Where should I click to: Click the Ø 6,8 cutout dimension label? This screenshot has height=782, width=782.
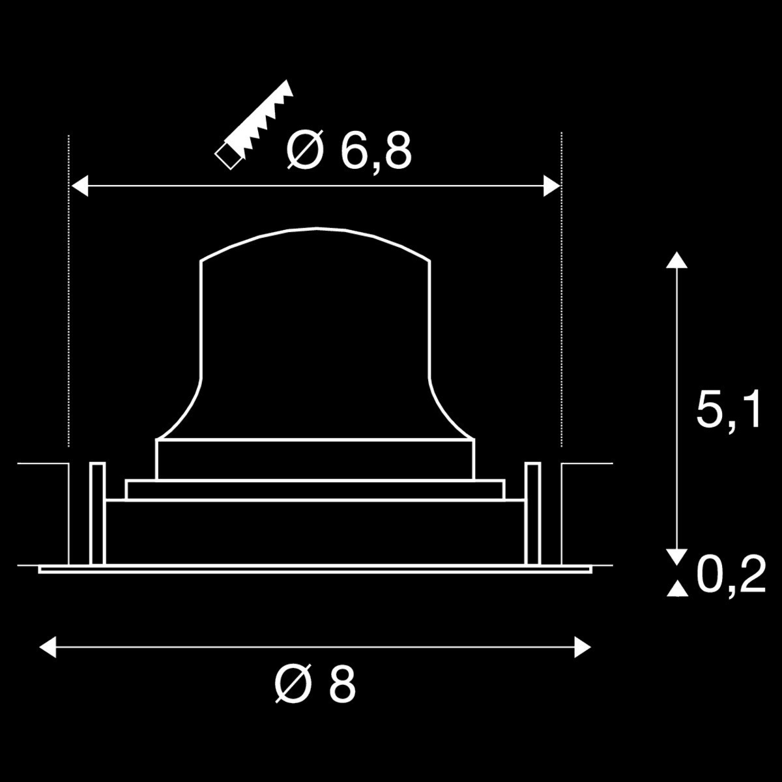pyautogui.click(x=349, y=151)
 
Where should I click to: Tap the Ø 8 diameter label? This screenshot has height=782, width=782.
pyautogui.click(x=315, y=684)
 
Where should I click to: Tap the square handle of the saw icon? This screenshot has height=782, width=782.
pyautogui.click(x=228, y=156)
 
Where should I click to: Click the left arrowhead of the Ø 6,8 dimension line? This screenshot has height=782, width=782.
pyautogui.click(x=80, y=186)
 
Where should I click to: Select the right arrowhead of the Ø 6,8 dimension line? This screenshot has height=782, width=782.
pyautogui.click(x=552, y=186)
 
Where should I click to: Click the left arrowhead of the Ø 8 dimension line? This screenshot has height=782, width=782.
pyautogui.click(x=48, y=647)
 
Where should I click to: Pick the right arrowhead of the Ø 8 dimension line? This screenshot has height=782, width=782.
pyautogui.click(x=583, y=647)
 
